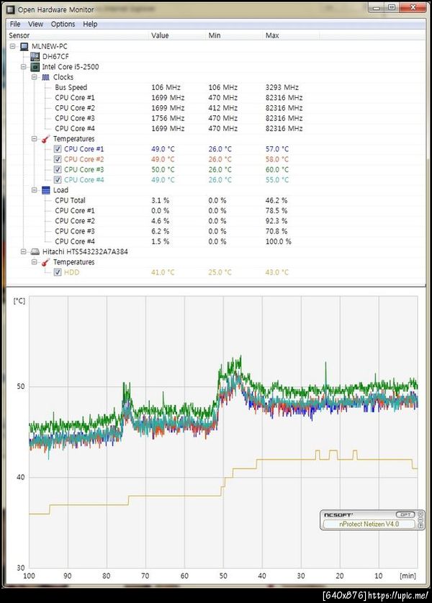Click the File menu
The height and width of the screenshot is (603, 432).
(x=15, y=24)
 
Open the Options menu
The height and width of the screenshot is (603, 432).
(x=63, y=24)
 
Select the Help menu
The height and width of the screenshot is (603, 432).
(x=90, y=24)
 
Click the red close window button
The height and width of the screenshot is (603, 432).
(x=412, y=7)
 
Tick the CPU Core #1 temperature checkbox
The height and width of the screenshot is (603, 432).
(x=58, y=149)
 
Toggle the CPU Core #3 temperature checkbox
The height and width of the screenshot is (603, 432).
(x=58, y=169)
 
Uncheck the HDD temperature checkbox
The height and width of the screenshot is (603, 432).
(x=58, y=272)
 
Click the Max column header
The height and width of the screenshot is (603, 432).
(x=272, y=35)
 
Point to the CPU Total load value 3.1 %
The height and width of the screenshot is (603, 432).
(x=161, y=200)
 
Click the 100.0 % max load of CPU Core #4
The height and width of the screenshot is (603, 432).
(x=278, y=241)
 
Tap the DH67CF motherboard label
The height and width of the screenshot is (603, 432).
(x=55, y=56)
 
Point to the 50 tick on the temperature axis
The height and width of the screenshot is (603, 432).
(x=21, y=387)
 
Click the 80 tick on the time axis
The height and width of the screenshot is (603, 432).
(x=107, y=576)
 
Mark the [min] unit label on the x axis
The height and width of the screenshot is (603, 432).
(x=408, y=576)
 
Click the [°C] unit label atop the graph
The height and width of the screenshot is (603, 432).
(x=19, y=300)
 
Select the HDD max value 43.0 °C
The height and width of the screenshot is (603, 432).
(x=277, y=272)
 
